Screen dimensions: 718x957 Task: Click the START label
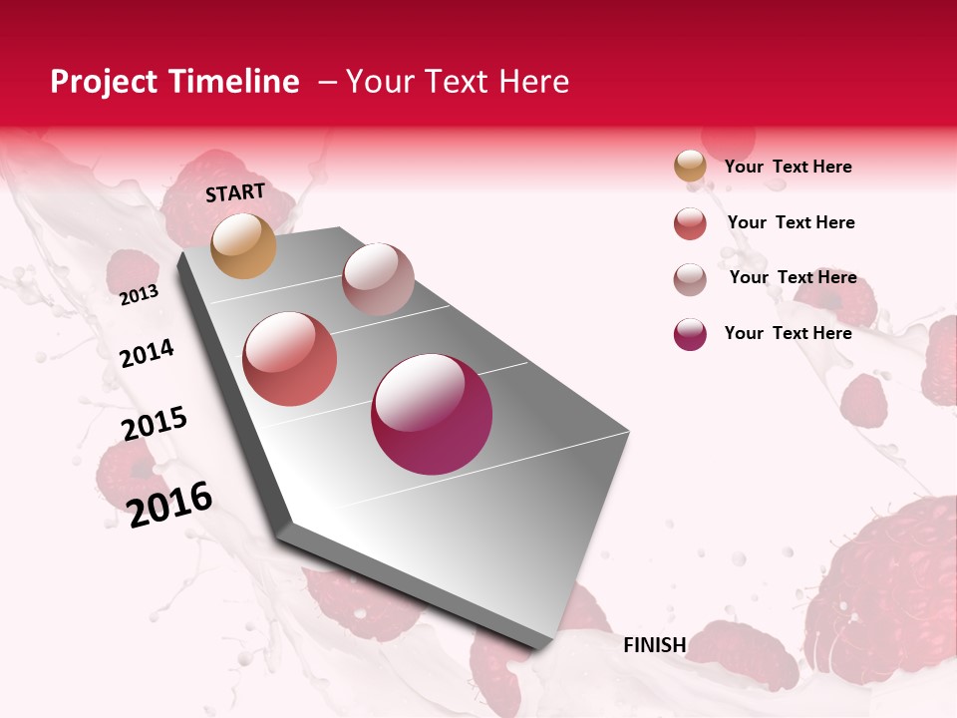tap(235, 192)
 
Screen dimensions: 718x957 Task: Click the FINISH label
tap(654, 645)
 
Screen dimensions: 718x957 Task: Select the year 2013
tap(140, 294)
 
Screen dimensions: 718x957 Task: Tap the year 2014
tap(147, 353)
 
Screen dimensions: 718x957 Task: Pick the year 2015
tap(155, 424)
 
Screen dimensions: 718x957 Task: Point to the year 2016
tap(170, 504)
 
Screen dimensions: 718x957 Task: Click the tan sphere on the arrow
tap(244, 245)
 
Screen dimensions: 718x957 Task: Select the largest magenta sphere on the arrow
tap(432, 414)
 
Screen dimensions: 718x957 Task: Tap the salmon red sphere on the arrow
tap(290, 358)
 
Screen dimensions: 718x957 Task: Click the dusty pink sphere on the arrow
tap(378, 278)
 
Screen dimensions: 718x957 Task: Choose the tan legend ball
tap(690, 167)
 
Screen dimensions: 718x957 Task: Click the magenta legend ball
tap(690, 333)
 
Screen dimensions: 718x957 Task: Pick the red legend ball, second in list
tap(690, 222)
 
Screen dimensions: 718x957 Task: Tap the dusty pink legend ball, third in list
tap(690, 278)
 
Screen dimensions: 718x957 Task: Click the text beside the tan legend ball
tap(788, 167)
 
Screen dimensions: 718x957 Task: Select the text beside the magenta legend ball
tap(788, 333)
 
